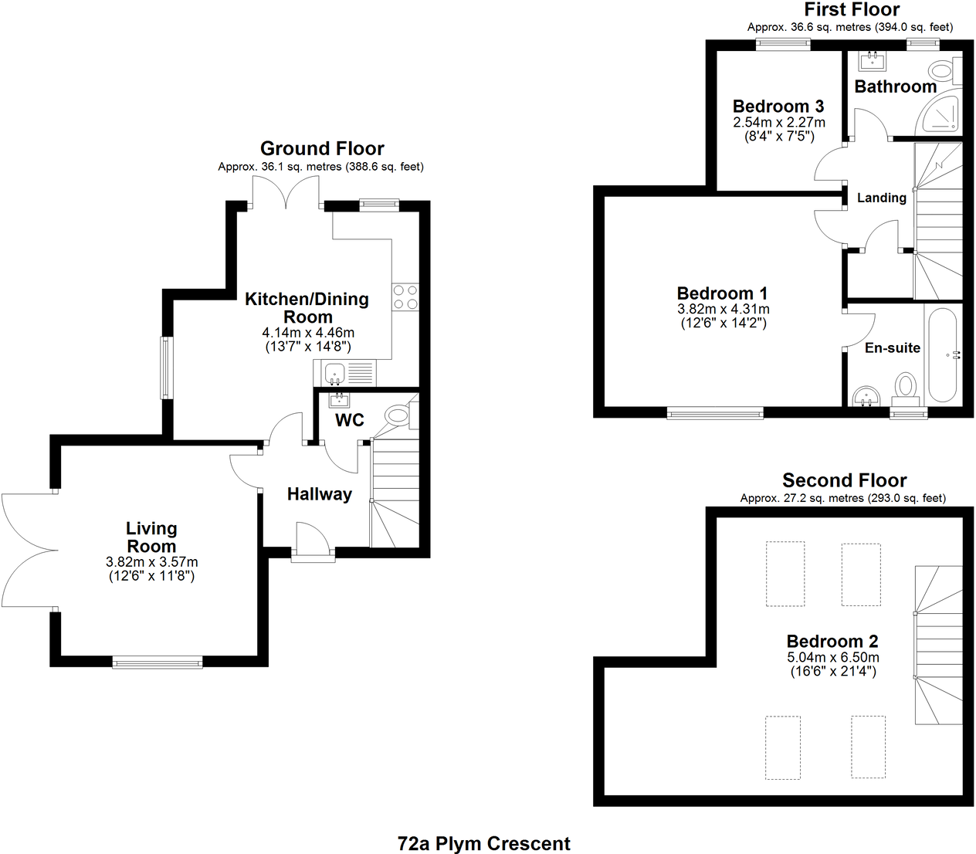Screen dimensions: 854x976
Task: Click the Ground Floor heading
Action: click(x=322, y=148)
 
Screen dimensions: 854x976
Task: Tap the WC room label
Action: click(x=349, y=420)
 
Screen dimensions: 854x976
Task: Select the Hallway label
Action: click(x=320, y=494)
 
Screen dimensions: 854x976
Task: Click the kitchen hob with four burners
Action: click(x=405, y=297)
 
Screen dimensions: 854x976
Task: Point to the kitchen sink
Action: click(x=335, y=374)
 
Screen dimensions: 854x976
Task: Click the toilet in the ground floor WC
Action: click(x=398, y=416)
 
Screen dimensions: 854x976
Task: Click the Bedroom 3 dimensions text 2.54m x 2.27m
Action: click(x=779, y=123)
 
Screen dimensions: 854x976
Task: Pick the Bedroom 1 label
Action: click(x=722, y=293)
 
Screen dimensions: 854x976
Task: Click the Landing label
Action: click(x=882, y=198)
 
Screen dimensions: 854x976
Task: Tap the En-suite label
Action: click(x=893, y=348)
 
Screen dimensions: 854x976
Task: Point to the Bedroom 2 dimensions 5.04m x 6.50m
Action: click(x=833, y=658)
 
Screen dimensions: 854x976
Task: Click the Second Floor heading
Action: click(x=844, y=480)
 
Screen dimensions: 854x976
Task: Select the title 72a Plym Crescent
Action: click(x=484, y=844)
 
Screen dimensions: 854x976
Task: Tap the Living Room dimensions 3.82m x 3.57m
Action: click(x=152, y=562)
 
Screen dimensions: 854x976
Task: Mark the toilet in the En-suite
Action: click(x=906, y=386)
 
